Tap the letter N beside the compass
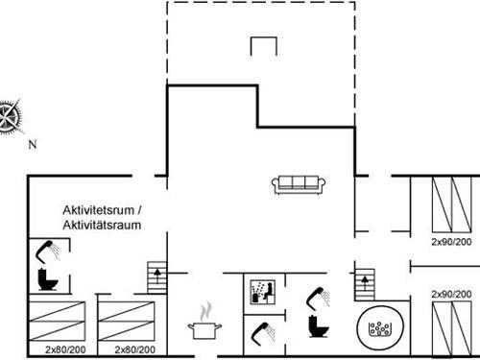coord(32,145)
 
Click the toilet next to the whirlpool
coord(318,324)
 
